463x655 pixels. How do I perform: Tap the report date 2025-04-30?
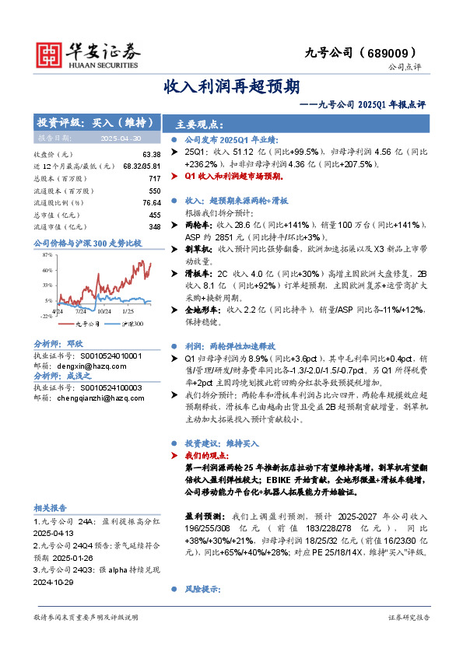pyautogui.click(x=120, y=138)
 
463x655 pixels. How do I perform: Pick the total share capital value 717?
pyautogui.click(x=154, y=178)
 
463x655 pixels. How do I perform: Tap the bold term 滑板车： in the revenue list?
pyautogui.click(x=202, y=274)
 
